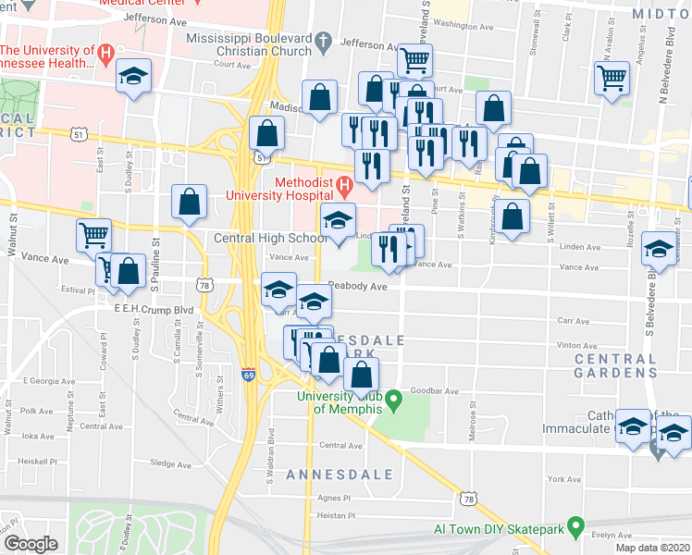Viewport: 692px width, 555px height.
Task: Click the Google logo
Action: (30, 543)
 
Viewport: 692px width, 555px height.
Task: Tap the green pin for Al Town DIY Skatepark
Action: (575, 530)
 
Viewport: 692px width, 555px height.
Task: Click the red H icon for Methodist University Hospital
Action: (343, 188)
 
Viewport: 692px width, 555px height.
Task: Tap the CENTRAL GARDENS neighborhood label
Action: (616, 365)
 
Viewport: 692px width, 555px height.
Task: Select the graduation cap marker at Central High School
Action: (337, 221)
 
